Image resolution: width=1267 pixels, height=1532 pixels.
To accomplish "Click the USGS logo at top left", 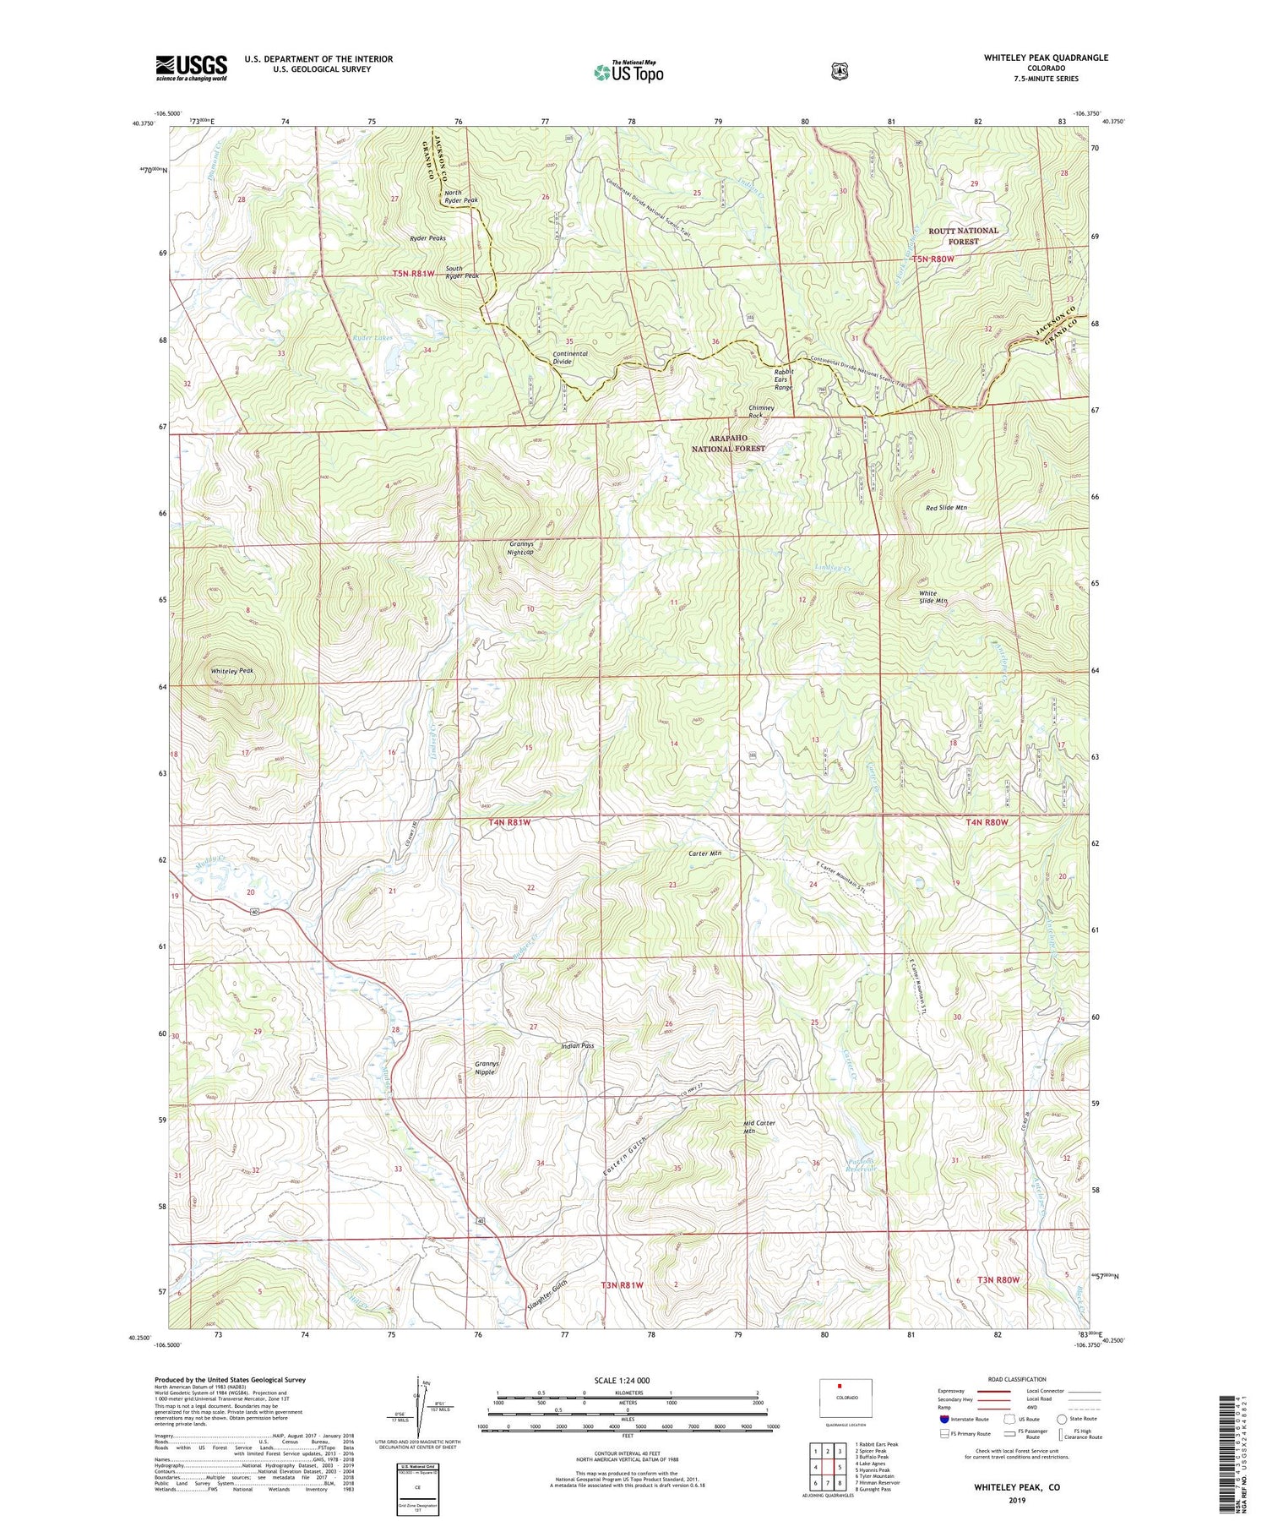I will tap(191, 68).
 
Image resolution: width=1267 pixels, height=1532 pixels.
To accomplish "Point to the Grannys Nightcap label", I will tap(520, 548).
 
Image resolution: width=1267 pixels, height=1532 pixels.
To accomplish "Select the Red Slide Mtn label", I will tap(946, 508).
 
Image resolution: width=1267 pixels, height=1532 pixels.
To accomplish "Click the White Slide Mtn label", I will tap(933, 597).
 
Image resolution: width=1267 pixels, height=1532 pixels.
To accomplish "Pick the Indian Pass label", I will tap(578, 1045).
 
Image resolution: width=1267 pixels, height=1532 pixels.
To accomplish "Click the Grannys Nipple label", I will tap(487, 1067).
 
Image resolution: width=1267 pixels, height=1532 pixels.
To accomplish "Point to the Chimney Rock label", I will tap(761, 412).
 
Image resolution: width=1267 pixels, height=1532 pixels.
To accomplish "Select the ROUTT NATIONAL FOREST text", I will tap(964, 236).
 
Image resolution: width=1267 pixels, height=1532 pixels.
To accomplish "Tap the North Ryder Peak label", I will tap(461, 196).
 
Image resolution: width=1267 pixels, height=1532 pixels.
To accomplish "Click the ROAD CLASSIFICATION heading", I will tap(1013, 1379).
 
